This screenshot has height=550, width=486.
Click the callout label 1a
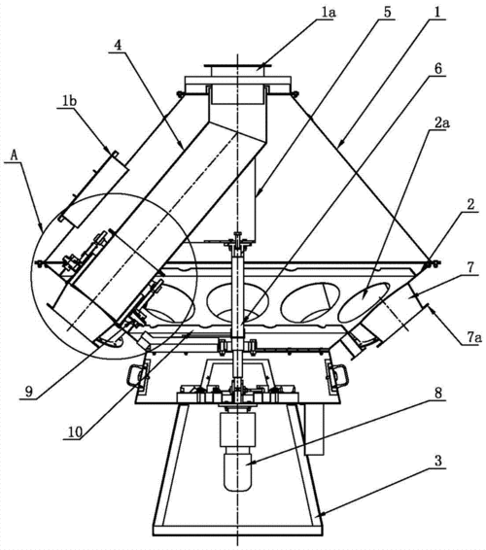328,13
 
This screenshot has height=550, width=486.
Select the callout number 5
387,12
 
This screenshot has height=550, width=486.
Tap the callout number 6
438,68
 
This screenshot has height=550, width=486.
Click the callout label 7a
474,338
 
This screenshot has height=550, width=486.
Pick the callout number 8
438,393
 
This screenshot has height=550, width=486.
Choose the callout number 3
438,461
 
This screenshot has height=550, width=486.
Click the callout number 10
75,432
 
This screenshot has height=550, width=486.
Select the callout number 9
29,392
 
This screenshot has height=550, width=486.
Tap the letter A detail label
14,155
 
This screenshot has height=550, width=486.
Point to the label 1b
69,101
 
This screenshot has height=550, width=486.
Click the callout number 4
119,46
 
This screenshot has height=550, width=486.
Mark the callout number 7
470,268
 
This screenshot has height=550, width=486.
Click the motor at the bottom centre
237,452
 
